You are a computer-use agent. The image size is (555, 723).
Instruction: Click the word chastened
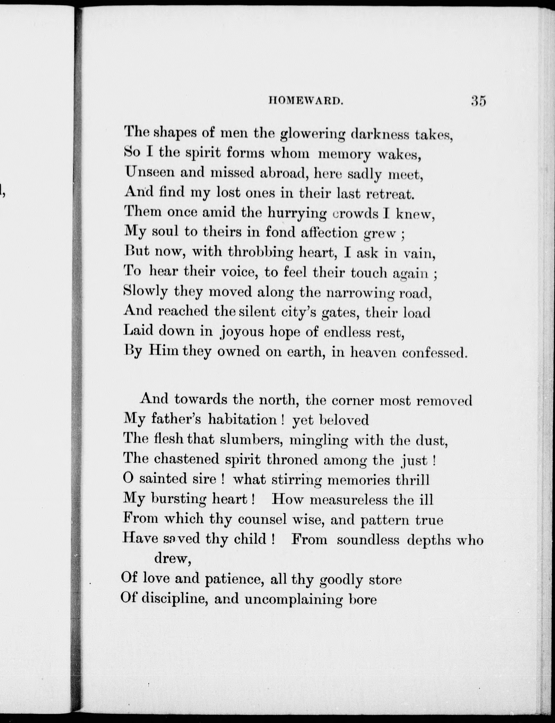[187, 459]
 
